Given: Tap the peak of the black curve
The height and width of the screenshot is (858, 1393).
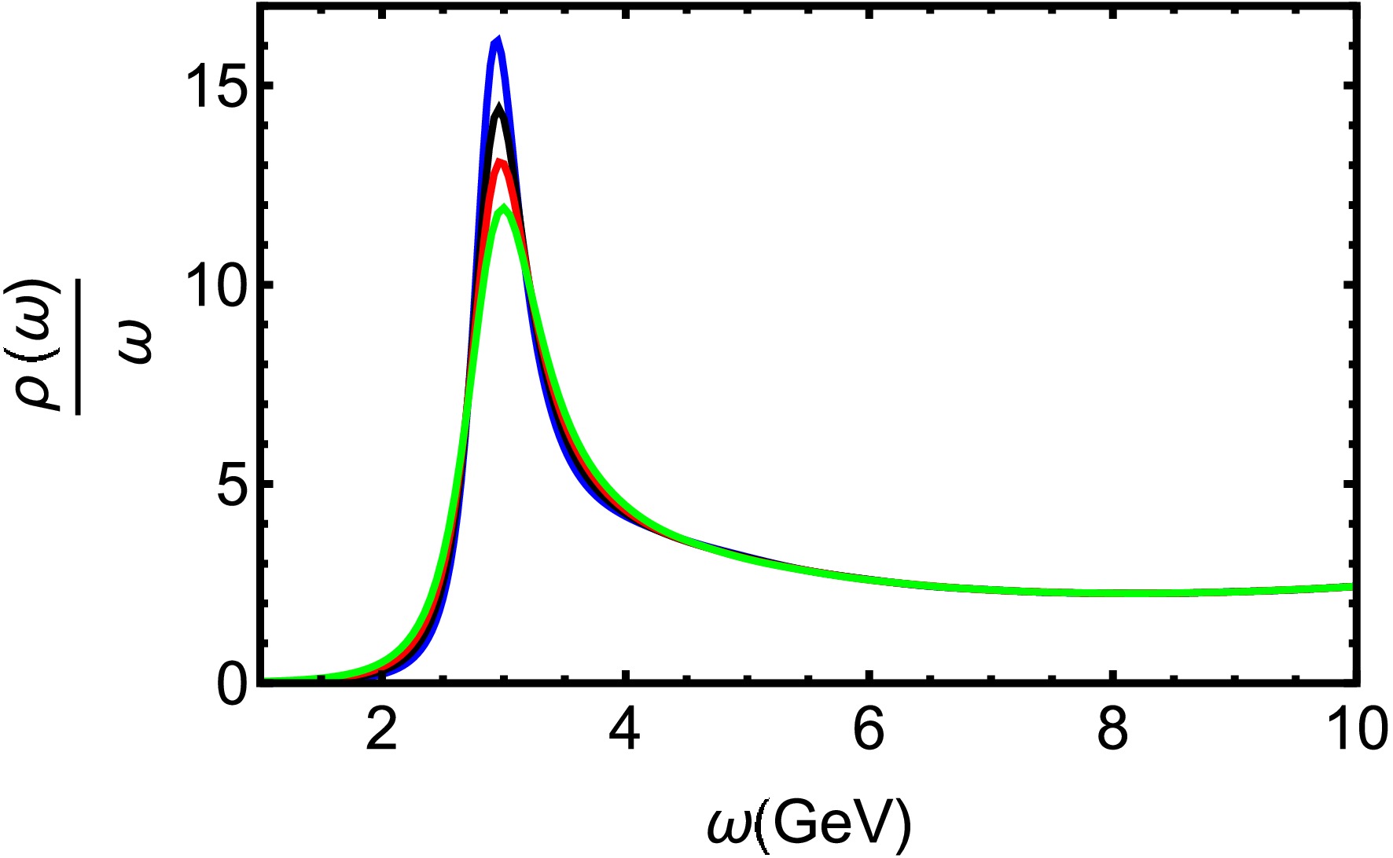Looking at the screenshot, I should [x=498, y=108].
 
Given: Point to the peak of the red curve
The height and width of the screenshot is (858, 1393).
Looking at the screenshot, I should [x=500, y=163].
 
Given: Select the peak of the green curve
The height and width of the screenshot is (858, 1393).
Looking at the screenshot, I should [x=504, y=208].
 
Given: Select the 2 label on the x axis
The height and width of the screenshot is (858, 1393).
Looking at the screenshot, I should [x=381, y=731].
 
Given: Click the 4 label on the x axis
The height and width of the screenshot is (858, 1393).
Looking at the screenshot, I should [x=624, y=731].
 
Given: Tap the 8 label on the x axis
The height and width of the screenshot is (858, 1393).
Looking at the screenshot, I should [x=1111, y=731].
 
